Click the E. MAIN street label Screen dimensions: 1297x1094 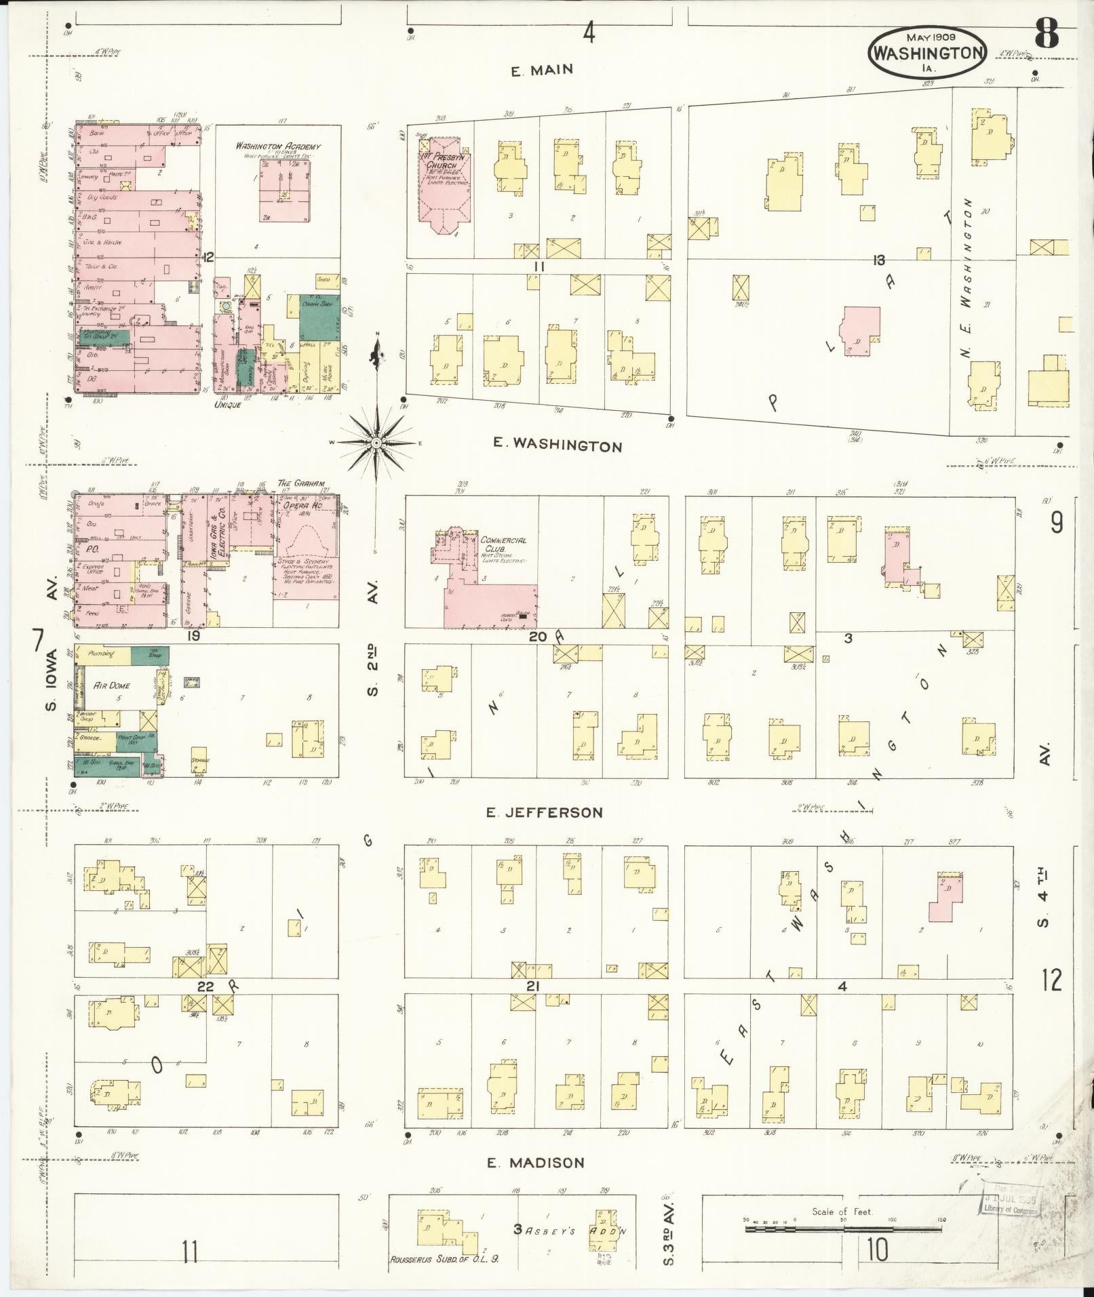click(x=542, y=69)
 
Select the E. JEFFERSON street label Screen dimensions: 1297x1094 click(x=545, y=812)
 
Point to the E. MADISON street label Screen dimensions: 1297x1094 click(x=536, y=1162)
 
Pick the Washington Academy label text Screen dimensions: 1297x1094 click(x=278, y=146)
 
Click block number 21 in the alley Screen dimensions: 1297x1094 click(x=532, y=986)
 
